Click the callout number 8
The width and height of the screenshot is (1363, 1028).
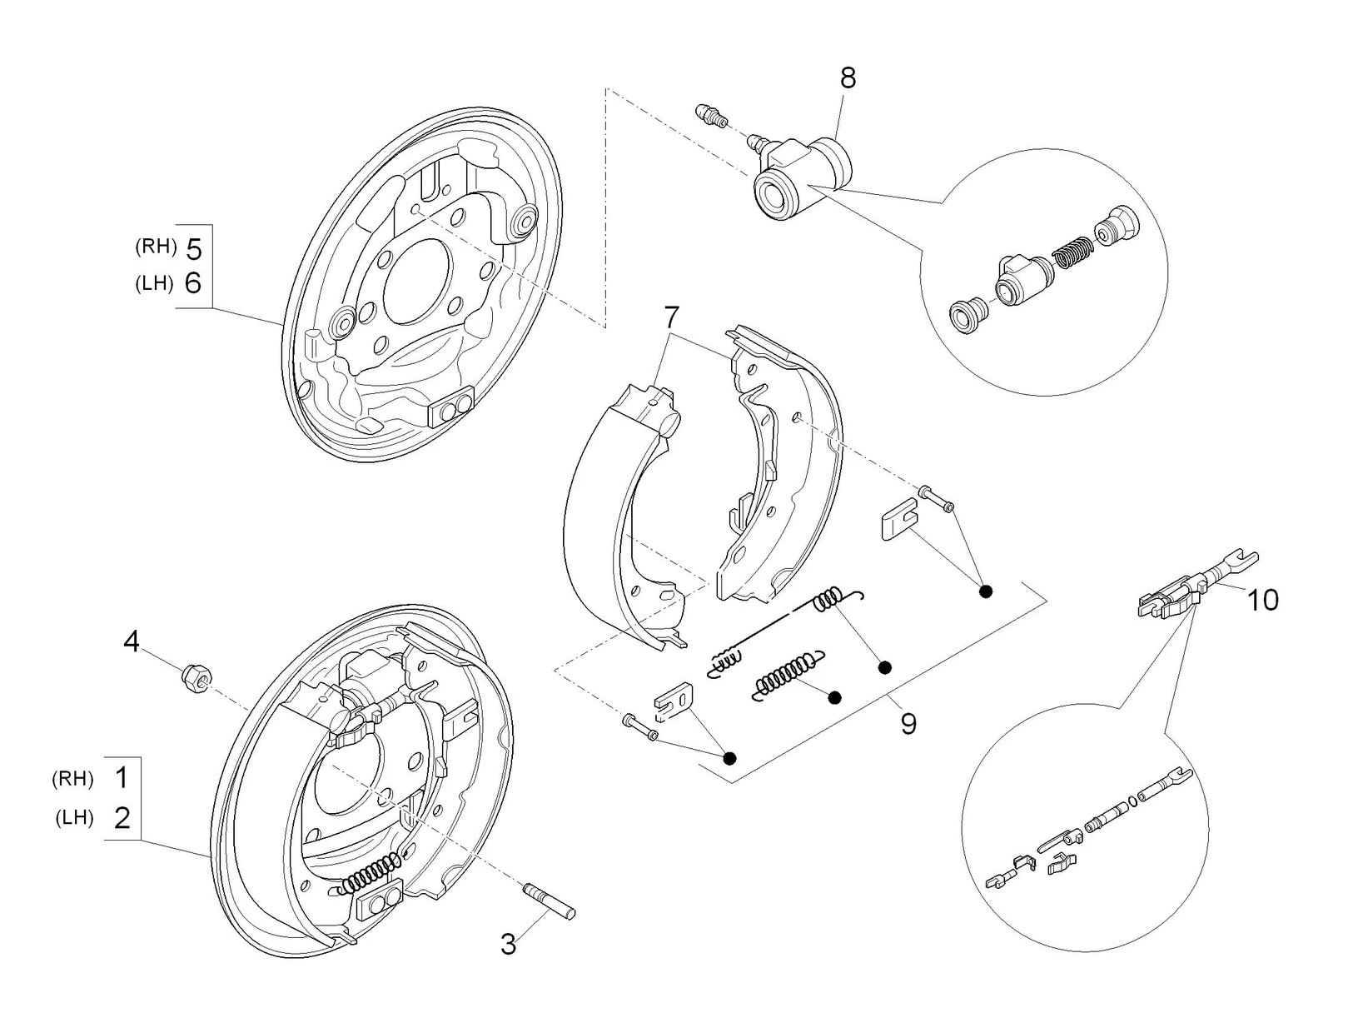click(x=848, y=78)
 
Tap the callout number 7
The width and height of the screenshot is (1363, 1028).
click(x=672, y=317)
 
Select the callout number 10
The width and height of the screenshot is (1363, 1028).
click(x=1263, y=600)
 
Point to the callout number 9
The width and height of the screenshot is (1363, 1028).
click(x=908, y=723)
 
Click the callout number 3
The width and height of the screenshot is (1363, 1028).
click(x=509, y=944)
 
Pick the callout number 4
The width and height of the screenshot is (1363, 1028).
click(x=132, y=641)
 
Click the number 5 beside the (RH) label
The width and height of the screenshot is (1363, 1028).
click(x=193, y=249)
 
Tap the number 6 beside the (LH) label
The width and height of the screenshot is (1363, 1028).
click(x=193, y=284)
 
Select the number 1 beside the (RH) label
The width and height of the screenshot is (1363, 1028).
click(x=122, y=778)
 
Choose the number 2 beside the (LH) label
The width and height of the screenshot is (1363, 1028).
click(x=122, y=817)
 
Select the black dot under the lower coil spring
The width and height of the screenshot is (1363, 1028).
click(x=835, y=697)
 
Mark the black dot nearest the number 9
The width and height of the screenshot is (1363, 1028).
click(x=885, y=666)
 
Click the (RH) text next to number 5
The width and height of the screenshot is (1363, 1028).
click(x=157, y=247)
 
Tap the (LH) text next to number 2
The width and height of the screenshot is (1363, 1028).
click(x=74, y=817)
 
